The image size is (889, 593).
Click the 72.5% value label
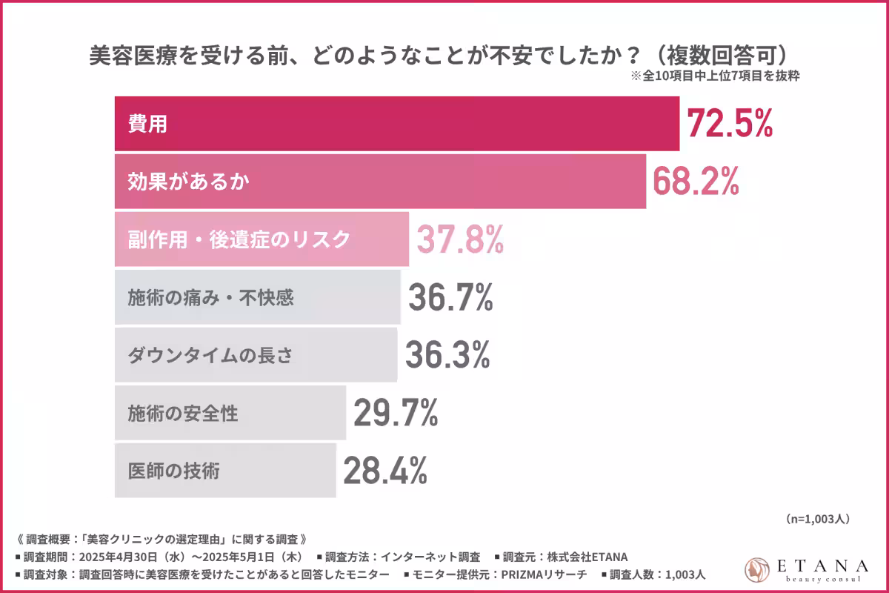(x=730, y=124)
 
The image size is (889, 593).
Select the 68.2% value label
(x=696, y=181)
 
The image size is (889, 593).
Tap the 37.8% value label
(x=460, y=239)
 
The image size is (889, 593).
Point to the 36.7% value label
(x=450, y=298)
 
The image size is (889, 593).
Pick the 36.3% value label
(x=447, y=355)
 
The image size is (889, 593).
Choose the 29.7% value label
(x=396, y=413)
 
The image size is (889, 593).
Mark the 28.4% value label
(x=384, y=470)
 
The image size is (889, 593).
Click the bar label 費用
(x=147, y=125)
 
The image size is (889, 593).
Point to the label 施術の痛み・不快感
(x=211, y=298)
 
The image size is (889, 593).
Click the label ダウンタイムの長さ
(x=210, y=355)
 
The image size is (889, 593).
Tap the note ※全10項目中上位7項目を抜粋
(x=714, y=76)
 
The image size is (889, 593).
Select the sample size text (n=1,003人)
(x=816, y=520)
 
